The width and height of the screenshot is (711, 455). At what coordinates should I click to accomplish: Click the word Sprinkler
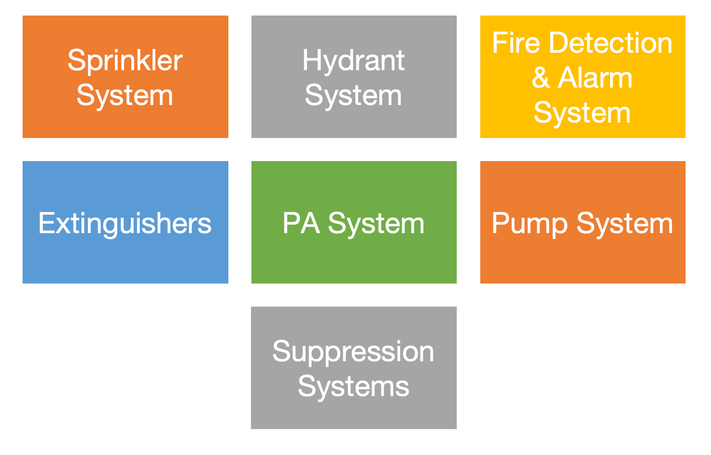125,61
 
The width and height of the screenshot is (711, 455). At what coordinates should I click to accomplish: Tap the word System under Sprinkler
125,96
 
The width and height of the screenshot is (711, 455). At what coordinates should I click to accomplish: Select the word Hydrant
353,61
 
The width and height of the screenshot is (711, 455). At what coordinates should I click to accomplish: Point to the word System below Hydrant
353,96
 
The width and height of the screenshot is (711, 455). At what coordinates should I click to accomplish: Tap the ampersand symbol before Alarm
541,78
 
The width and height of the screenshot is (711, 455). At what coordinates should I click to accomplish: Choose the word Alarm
595,78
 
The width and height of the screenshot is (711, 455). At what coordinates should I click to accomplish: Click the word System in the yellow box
582,113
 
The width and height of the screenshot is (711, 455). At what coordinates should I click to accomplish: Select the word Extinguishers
125,223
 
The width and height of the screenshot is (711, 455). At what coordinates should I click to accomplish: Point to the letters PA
301,223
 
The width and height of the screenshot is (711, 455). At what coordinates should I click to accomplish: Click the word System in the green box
376,223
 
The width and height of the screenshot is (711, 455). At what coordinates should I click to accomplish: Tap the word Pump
530,223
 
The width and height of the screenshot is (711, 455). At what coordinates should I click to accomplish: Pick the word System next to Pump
625,223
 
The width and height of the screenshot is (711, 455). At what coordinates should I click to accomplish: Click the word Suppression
353,352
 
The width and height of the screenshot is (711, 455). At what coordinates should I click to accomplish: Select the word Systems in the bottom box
353,387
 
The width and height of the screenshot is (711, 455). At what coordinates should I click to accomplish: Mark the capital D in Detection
560,43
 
